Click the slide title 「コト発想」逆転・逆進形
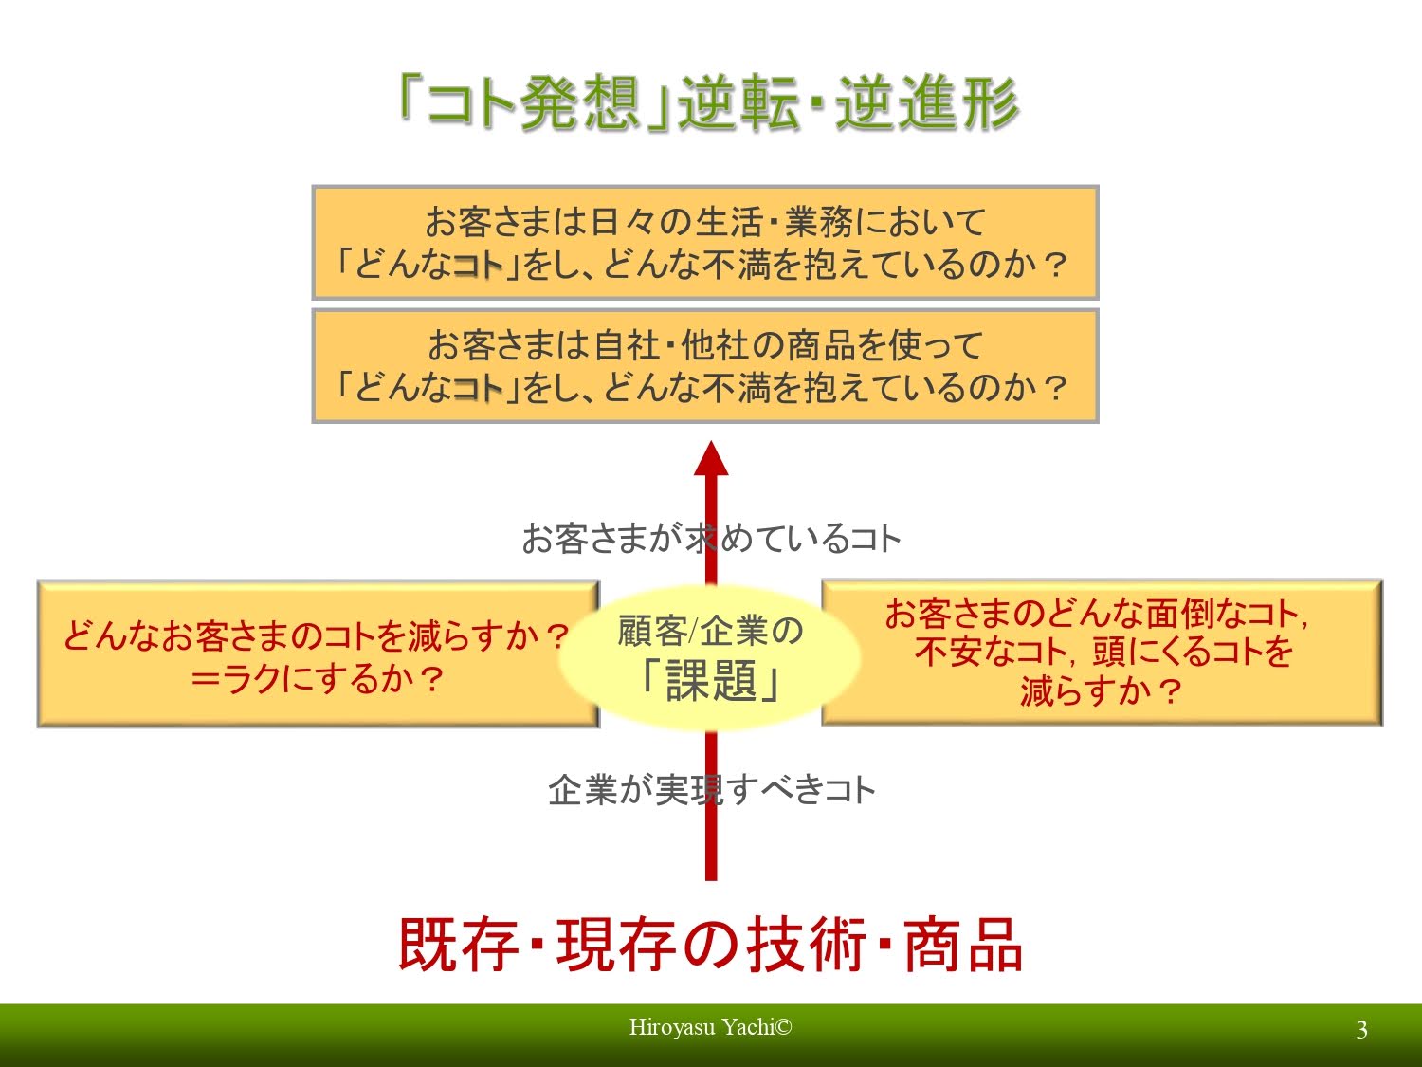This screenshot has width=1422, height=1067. pos(709,102)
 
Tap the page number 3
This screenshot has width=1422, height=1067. pos(1361,1030)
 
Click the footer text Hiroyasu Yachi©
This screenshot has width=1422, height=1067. pos(710,1027)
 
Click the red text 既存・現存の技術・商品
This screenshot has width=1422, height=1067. pos(710,945)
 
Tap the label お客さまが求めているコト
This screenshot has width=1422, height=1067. pos(710,539)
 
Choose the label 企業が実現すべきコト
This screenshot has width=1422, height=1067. pos(710,789)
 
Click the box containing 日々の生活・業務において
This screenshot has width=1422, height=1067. pos(705,243)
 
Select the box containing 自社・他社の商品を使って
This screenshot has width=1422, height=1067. pos(705,366)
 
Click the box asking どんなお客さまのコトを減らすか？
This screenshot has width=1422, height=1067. pos(318,654)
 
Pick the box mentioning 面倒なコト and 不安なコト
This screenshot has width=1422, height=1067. pos(1102,653)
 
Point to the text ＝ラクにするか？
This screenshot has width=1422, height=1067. pos(318,679)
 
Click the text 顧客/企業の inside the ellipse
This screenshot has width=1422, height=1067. pos(710,631)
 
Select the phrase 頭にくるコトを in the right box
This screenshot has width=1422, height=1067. pos(1193,653)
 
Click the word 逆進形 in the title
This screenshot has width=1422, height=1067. pos(926,102)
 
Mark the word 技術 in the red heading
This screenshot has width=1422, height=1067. pos(806,945)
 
